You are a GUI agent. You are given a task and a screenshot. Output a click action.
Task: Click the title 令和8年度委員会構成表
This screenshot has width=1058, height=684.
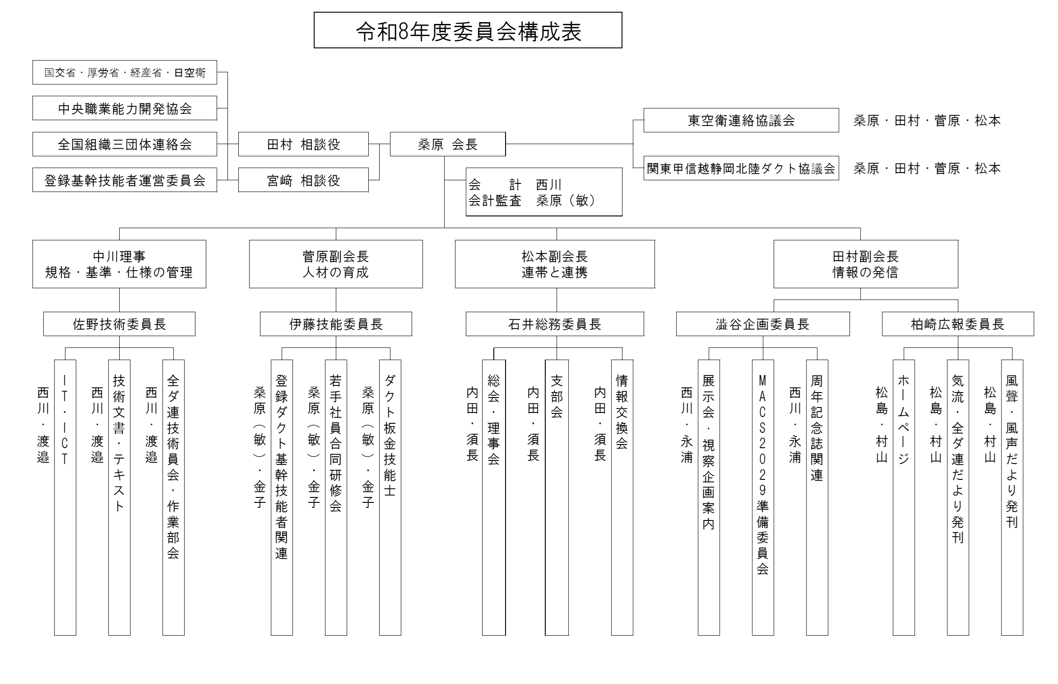[x=468, y=30]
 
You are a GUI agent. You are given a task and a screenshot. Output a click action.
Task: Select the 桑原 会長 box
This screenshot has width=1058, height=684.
[x=448, y=144]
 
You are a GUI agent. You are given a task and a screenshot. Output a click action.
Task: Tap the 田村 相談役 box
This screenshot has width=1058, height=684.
[x=303, y=144]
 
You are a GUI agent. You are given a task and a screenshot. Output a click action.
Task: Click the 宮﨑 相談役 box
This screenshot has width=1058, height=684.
[x=303, y=180]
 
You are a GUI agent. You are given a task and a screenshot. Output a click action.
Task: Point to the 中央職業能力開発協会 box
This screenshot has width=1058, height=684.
[x=125, y=108]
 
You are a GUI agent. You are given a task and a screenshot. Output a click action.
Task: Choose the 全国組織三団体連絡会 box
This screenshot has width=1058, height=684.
[x=125, y=144]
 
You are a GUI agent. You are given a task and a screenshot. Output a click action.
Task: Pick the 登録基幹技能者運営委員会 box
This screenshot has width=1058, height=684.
[x=125, y=180]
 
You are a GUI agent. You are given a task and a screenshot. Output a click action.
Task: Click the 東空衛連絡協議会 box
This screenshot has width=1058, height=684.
[x=741, y=120]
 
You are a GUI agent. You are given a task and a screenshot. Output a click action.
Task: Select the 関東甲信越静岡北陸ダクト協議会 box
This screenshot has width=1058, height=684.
[x=741, y=168]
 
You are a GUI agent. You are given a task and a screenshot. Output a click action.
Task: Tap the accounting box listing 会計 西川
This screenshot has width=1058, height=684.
[x=544, y=192]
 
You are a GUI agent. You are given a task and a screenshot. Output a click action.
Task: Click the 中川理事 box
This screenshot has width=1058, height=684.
[x=119, y=264]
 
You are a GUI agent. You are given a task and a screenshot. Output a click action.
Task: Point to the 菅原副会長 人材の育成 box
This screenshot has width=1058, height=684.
[x=336, y=264]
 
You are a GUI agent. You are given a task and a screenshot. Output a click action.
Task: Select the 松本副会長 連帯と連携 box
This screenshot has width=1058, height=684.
[x=555, y=264]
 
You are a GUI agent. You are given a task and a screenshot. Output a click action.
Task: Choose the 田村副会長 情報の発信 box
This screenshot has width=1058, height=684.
[x=866, y=264]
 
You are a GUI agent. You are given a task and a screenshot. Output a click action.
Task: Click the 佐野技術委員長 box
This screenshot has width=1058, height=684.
[x=119, y=324]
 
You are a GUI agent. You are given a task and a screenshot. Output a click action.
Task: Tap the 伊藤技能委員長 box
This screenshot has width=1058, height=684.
[x=336, y=324]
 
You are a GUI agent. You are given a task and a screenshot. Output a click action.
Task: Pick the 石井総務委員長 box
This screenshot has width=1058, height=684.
[x=555, y=324]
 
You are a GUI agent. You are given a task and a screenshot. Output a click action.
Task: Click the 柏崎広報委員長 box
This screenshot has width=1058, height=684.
[x=958, y=324]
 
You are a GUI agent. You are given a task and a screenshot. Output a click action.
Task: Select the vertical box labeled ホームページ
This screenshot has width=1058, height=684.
[x=904, y=497]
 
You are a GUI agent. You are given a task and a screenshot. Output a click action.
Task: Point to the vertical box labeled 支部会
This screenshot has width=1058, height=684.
[x=557, y=497]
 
